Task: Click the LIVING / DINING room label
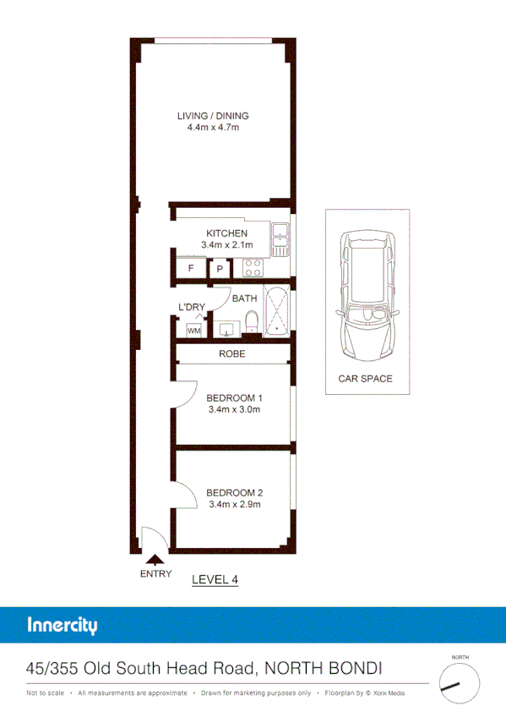(213, 116)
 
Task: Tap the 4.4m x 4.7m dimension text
(213, 129)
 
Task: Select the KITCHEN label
(226, 233)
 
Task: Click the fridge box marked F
(190, 269)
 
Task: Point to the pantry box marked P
(220, 269)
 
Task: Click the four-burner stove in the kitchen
(253, 268)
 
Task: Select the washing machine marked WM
(193, 331)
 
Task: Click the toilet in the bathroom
(250, 322)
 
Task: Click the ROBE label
(231, 353)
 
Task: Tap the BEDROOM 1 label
(235, 398)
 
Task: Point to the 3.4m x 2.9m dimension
(235, 505)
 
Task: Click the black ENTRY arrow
(155, 558)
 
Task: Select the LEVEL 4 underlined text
(216, 579)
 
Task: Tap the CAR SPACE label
(365, 379)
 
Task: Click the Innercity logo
(63, 627)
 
